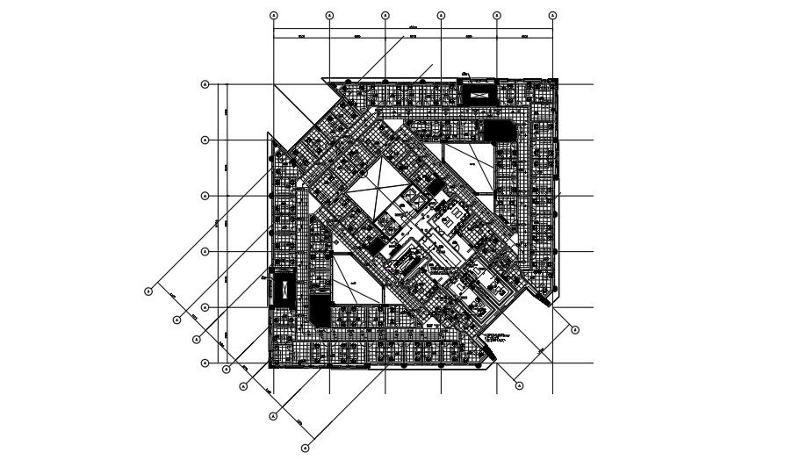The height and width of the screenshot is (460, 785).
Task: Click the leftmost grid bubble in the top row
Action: pyautogui.click(x=273, y=16)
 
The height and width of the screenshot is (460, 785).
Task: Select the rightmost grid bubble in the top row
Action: pyautogui.click(x=552, y=16)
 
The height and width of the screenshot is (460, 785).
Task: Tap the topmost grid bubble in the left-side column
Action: pyautogui.click(x=205, y=84)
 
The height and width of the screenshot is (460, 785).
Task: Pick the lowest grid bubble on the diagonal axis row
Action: pyautogui.click(x=306, y=448)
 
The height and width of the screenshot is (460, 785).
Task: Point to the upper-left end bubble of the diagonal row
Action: pyautogui.click(x=148, y=291)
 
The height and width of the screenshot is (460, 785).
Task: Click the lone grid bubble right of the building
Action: pyautogui.click(x=575, y=330)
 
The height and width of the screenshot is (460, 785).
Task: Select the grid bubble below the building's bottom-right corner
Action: pyautogui.click(x=519, y=385)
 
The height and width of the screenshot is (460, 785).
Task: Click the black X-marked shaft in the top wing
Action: pyautogui.click(x=479, y=91)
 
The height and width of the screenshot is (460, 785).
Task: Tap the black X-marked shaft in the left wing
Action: pyautogui.click(x=284, y=290)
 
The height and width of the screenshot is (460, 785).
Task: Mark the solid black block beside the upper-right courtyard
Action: pyautogui.click(x=496, y=130)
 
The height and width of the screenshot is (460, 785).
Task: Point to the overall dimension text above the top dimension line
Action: pyautogui.click(x=413, y=27)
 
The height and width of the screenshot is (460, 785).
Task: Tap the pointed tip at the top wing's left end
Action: pyautogui.click(x=324, y=80)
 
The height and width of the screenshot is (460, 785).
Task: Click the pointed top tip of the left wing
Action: pyautogui.click(x=270, y=134)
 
